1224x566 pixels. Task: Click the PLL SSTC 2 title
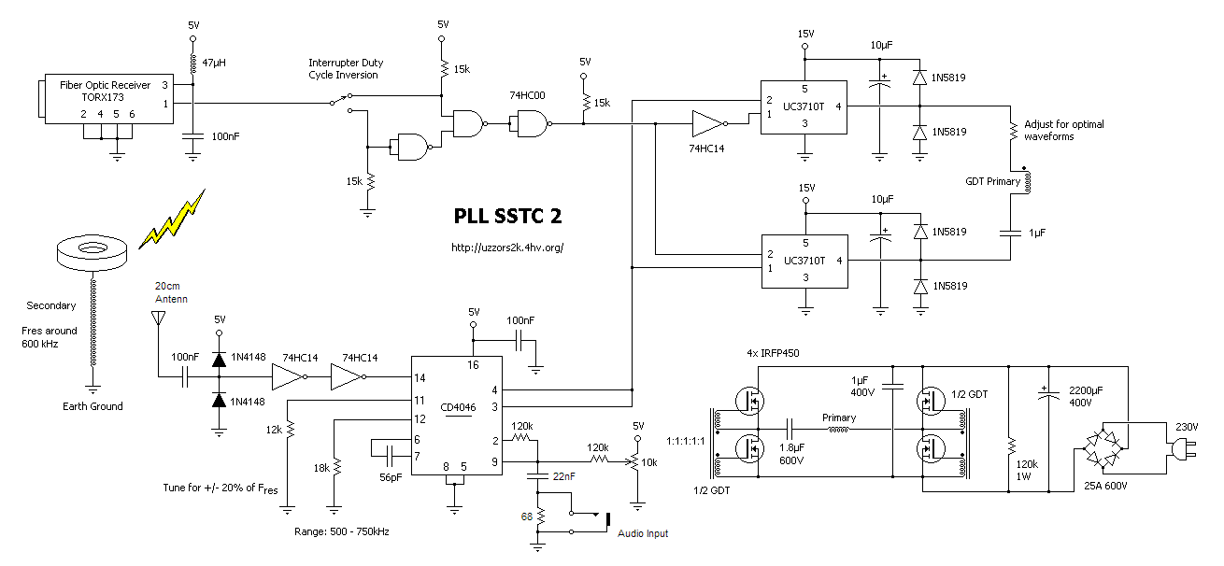[507, 216]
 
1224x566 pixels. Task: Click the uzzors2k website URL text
[507, 248]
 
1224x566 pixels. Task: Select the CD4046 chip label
[454, 407]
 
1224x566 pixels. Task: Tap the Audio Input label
[643, 533]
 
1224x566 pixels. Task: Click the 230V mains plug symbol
[1179, 452]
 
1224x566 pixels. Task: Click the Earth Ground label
[93, 406]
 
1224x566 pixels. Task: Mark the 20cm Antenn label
[171, 292]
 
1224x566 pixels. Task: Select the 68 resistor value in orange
[528, 516]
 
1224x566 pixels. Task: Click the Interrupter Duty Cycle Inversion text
[346, 69]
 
